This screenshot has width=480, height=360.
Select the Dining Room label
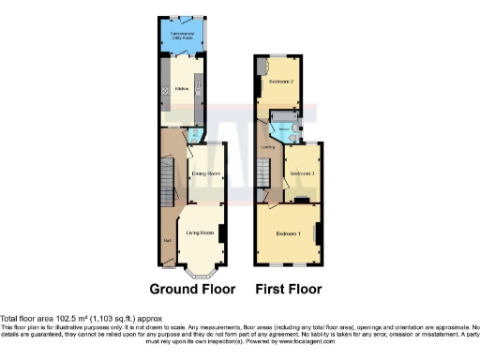coord(205,174)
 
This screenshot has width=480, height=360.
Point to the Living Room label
coord(201,232)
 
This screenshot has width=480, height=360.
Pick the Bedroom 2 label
coord(282,82)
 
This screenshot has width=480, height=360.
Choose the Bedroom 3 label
coord(302,174)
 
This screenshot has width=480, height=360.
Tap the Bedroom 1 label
coord(286,232)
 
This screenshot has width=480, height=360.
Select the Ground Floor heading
coord(192,289)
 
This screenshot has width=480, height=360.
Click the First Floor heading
coord(289,289)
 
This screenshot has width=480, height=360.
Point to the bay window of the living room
coord(201,273)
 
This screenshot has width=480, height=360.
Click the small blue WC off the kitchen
coord(194,135)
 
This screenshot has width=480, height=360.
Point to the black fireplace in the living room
coord(221,230)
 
